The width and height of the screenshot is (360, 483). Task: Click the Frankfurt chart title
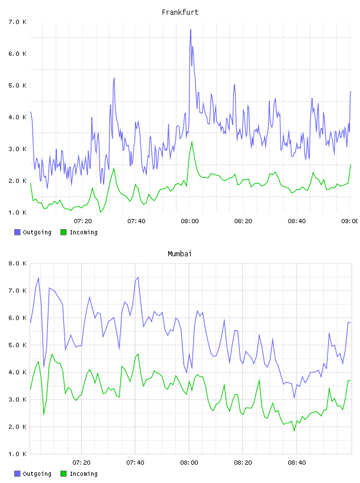[180, 12]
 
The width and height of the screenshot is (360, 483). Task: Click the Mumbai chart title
[179, 254]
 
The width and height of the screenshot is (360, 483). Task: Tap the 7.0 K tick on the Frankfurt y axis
[18, 22]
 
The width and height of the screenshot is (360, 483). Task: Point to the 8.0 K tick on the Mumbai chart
[18, 263]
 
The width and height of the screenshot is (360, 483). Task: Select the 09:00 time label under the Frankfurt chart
[350, 221]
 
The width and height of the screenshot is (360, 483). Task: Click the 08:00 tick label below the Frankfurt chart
[190, 221]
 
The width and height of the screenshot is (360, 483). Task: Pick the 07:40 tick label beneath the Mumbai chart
[136, 462]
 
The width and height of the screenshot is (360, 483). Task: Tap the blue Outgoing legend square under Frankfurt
[17, 232]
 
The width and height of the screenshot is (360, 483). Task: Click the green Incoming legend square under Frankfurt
[63, 232]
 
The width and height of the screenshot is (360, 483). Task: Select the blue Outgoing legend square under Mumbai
[17, 474]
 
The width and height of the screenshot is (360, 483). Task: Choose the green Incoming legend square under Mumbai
[63, 474]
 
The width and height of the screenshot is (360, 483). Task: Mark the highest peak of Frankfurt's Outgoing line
[191, 30]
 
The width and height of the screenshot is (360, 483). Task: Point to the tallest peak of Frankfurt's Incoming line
[192, 142]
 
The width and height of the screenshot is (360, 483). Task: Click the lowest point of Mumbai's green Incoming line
[294, 430]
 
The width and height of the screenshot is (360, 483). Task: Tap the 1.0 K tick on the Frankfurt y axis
[18, 212]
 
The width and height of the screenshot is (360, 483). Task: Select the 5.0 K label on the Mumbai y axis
[18, 345]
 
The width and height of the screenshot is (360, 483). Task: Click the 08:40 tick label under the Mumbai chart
[297, 462]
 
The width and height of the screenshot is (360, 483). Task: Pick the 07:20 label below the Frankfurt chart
[83, 221]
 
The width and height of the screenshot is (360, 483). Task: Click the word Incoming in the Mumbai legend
[83, 474]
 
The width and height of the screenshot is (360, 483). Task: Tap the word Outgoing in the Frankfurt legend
[37, 232]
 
